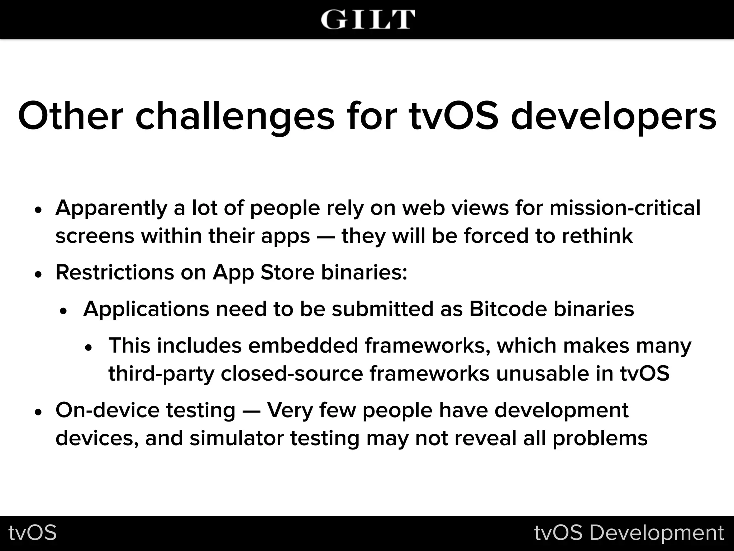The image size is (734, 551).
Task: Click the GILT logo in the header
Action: click(368, 19)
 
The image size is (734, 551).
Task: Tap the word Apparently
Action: click(111, 208)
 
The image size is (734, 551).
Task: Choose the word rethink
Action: click(597, 236)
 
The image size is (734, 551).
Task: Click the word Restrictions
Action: click(115, 272)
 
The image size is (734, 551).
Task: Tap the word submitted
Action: click(382, 309)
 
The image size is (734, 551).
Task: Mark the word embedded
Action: click(303, 345)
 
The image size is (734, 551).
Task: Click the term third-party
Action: click(161, 374)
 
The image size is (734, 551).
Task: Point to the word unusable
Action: click(543, 373)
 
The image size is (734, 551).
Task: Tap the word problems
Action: click(600, 438)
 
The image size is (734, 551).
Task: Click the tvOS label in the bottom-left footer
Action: click(33, 532)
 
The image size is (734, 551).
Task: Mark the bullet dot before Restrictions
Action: click(39, 275)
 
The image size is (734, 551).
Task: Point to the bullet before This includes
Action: click(89, 348)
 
